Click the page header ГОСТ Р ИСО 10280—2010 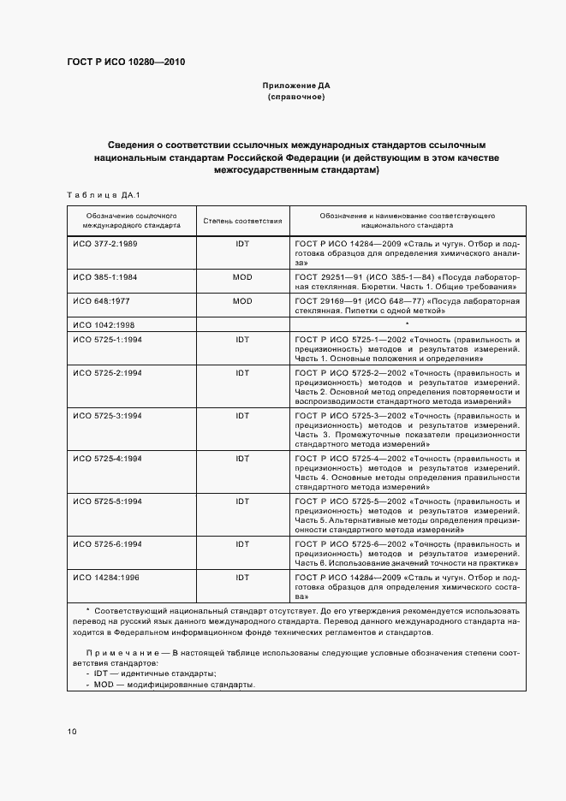pyautogui.click(x=126, y=62)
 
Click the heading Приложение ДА pyautogui.click(x=296, y=86)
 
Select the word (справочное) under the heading pyautogui.click(x=296, y=97)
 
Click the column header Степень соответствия pyautogui.click(x=242, y=221)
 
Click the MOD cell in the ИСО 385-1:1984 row pyautogui.click(x=242, y=279)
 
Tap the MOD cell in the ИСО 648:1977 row pyautogui.click(x=242, y=301)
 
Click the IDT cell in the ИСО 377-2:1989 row pyautogui.click(x=242, y=244)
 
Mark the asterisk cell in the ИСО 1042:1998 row pyautogui.click(x=407, y=324)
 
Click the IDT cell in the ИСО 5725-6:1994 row pyautogui.click(x=242, y=543)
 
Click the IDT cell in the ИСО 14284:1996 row pyautogui.click(x=242, y=578)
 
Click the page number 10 pyautogui.click(x=72, y=732)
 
